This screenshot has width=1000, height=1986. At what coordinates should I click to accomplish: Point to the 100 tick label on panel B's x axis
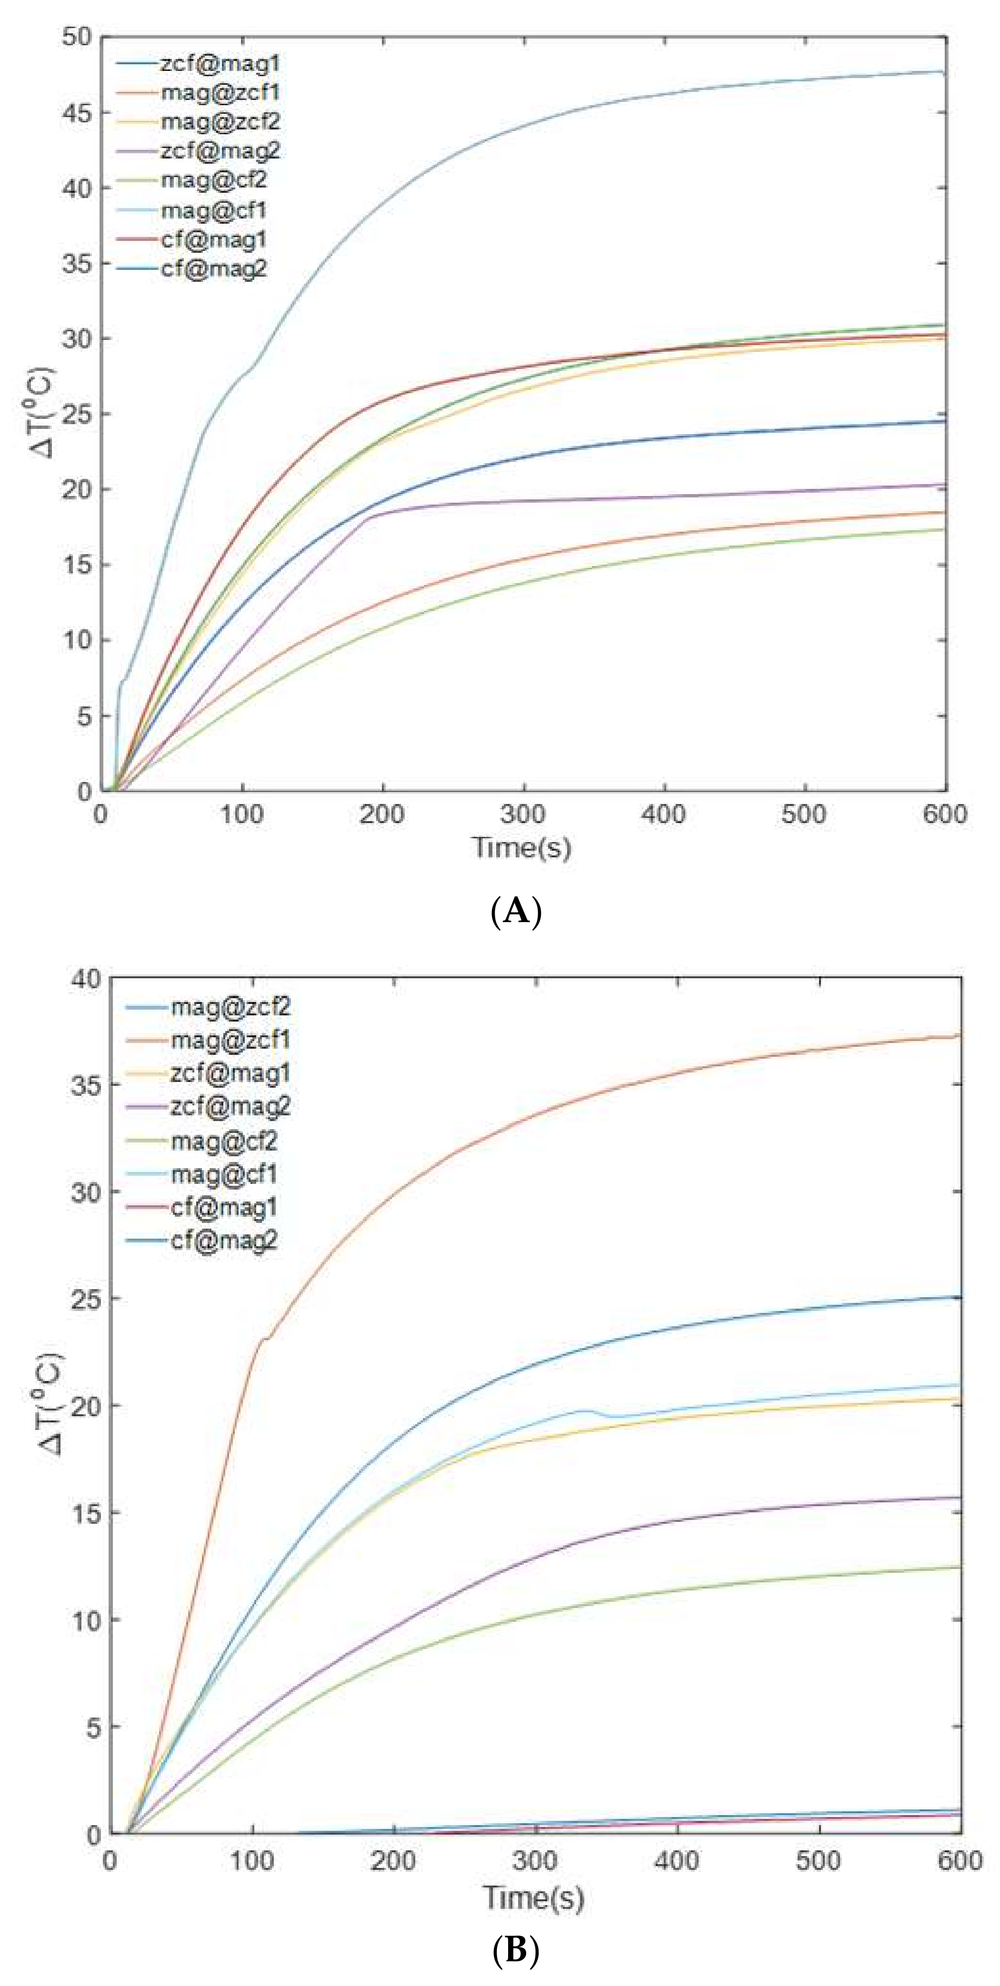click(251, 1860)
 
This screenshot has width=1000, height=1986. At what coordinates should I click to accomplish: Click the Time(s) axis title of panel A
click(522, 848)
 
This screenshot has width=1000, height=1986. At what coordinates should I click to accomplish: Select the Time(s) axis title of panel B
click(533, 1897)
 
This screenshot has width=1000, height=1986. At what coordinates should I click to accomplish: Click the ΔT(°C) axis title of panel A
click(44, 412)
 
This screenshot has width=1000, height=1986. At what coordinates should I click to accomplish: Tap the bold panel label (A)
click(516, 911)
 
